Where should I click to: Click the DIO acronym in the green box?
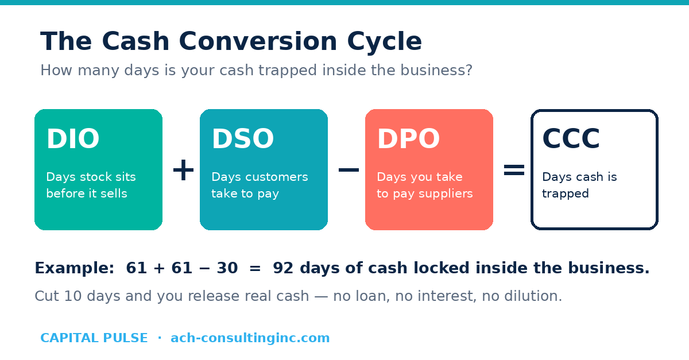73,139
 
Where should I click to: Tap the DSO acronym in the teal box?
243,139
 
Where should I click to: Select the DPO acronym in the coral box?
408,139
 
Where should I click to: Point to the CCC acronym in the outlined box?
571,139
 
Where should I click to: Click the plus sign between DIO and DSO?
183,169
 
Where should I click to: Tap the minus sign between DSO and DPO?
349,169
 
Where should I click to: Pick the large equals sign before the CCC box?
514,169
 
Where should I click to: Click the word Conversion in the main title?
258,41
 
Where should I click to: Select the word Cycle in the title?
384,42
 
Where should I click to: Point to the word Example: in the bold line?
75,268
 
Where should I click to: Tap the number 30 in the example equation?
227,268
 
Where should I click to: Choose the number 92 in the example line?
283,268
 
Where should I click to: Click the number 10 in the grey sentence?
73,296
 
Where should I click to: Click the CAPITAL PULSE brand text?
94,338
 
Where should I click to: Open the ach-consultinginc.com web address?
250,338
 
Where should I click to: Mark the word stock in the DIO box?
91,177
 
